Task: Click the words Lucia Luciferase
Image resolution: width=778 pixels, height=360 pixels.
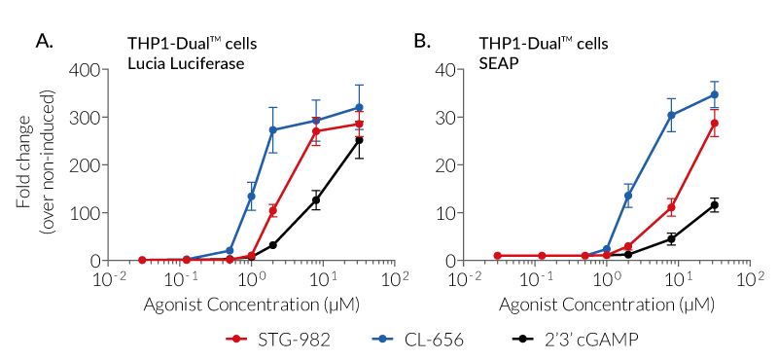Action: [x=185, y=63]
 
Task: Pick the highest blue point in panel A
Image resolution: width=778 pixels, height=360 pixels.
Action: [x=359, y=107]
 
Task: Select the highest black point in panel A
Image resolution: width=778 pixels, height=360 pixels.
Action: [x=359, y=140]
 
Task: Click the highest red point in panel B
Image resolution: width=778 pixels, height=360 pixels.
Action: [x=714, y=124]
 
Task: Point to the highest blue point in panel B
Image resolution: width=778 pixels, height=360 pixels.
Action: [x=714, y=95]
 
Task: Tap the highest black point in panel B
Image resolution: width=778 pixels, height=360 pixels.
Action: [x=714, y=205]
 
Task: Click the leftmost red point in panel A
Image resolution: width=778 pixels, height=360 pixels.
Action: [x=142, y=260]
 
